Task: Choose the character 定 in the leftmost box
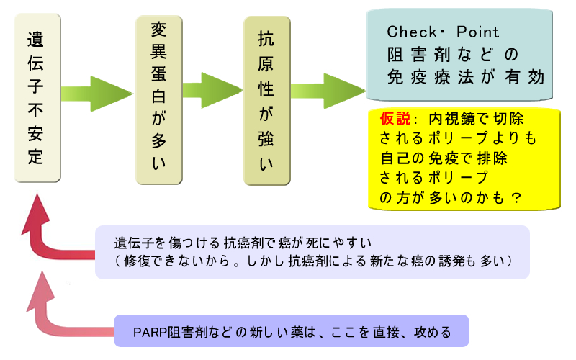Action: point(35,158)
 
